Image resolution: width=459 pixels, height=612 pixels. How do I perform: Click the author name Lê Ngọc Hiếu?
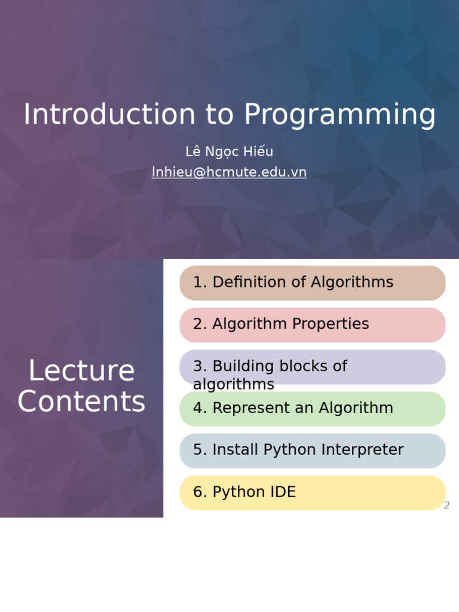[229, 152]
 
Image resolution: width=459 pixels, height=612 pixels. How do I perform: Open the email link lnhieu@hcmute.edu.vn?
[229, 172]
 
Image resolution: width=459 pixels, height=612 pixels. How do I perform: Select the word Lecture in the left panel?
[81, 371]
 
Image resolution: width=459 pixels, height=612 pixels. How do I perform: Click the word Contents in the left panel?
[81, 402]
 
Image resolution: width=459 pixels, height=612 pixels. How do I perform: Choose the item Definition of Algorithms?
[313, 283]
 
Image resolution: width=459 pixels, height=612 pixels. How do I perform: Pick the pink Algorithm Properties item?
[313, 325]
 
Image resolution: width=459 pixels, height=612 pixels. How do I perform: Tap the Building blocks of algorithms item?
[313, 367]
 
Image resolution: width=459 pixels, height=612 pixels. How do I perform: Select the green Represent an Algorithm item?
[313, 408]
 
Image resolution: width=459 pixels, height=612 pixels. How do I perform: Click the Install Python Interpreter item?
[313, 450]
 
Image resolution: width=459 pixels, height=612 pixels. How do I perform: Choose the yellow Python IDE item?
[313, 492]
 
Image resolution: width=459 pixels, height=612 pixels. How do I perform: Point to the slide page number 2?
[446, 506]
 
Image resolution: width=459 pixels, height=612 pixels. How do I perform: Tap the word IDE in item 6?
[282, 492]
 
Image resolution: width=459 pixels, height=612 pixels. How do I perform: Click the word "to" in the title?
[219, 115]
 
